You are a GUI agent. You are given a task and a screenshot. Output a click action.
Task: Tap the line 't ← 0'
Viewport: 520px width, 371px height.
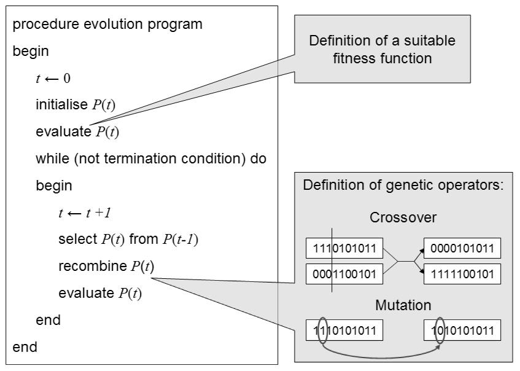coord(53,78)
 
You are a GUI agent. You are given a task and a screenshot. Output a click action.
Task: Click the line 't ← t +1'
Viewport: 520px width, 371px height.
coord(85,213)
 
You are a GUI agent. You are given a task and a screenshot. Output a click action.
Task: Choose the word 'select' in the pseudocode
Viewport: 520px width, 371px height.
coord(77,239)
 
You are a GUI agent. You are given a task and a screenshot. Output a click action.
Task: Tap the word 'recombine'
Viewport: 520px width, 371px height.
coord(93,266)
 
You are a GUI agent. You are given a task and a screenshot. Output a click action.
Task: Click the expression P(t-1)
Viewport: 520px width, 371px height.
coord(180,240)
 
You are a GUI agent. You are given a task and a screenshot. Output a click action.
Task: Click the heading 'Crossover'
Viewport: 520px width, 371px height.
coord(403,217)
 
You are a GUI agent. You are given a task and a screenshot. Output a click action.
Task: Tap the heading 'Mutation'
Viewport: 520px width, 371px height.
coord(403,305)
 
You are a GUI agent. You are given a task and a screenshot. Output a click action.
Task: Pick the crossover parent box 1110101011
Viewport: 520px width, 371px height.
coord(344,248)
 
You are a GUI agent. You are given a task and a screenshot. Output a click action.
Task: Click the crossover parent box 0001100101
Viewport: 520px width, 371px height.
coord(344,274)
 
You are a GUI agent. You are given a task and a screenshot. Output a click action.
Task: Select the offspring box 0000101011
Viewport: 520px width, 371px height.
coord(462,248)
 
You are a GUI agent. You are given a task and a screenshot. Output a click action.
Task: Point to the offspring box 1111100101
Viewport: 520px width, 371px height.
coord(462,274)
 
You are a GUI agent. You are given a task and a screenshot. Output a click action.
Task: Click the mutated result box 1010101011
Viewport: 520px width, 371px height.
coord(462,330)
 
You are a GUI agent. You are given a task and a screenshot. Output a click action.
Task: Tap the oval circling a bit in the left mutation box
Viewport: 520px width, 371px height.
coord(318,330)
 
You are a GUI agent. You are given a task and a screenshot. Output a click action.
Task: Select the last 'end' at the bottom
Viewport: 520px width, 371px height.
coord(25,347)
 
